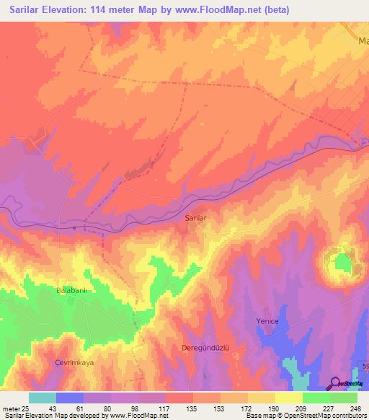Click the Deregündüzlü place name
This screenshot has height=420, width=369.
tap(203, 347)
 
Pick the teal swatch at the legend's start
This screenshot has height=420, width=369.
tap(43, 398)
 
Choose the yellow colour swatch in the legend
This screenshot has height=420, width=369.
tap(288, 398)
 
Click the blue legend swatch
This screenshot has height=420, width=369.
tap(70, 398)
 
